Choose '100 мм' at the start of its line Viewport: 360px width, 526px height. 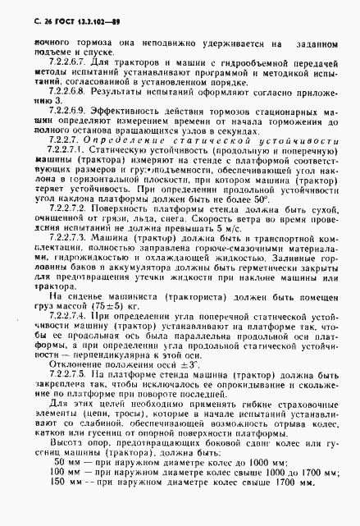click(x=65, y=495)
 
